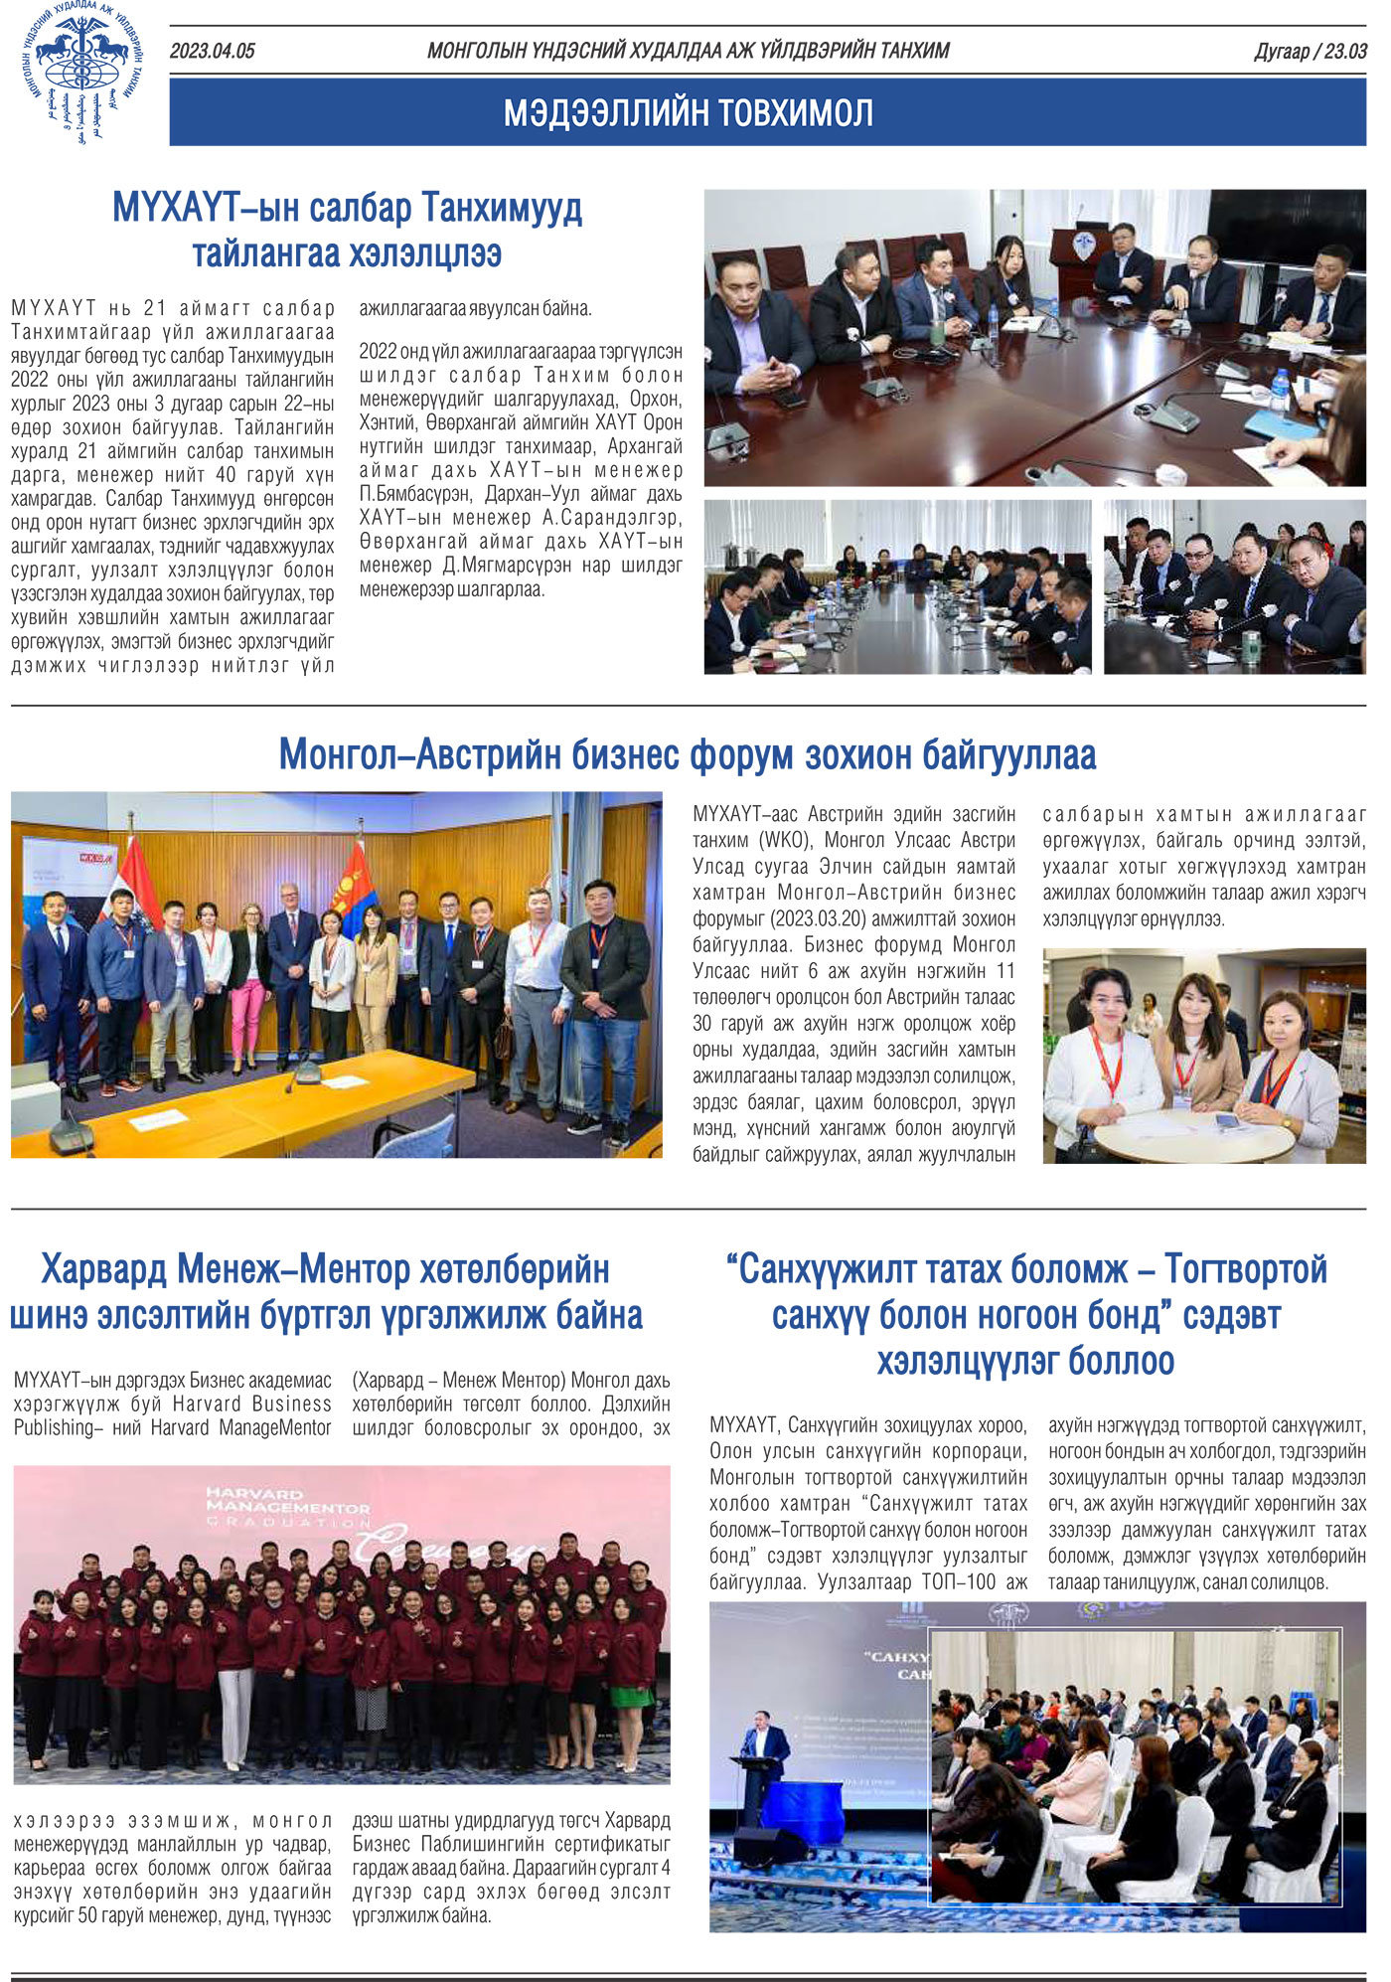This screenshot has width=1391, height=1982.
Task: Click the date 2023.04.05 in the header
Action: coord(212,52)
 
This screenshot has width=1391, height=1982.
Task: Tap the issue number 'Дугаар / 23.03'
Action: coord(1310,52)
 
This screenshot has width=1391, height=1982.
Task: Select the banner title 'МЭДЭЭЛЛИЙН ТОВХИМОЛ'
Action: coord(688,113)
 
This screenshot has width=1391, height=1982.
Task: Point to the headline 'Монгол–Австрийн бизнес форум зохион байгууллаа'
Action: coord(688,754)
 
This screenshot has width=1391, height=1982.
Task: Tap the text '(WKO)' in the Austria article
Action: coord(785,840)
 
